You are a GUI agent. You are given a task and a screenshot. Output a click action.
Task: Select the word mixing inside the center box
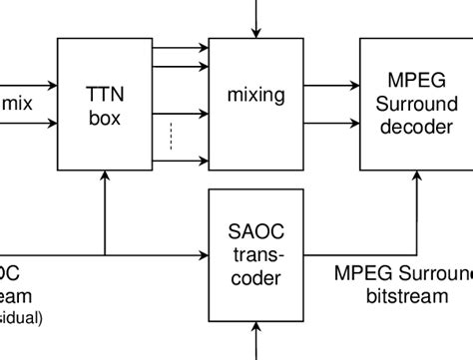coord(255,96)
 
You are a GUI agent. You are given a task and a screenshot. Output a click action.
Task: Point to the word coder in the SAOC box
coord(255,279)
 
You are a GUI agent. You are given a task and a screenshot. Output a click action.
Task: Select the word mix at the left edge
coord(18,102)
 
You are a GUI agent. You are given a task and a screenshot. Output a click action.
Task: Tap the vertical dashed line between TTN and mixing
coord(171,135)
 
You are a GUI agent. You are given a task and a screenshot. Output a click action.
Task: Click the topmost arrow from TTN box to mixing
coord(180,47)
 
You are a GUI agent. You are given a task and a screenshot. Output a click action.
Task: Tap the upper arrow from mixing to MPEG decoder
coord(329,86)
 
